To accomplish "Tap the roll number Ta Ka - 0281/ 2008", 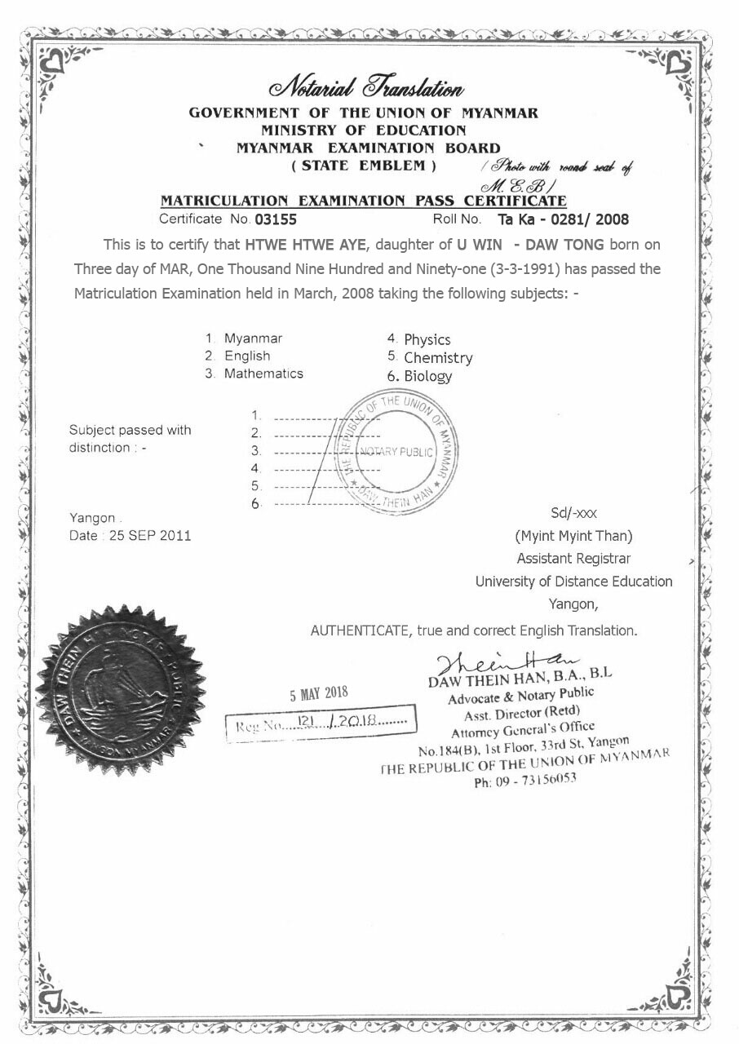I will click(x=563, y=219).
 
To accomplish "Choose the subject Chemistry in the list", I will click(x=438, y=358).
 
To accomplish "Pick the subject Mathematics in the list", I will click(x=263, y=374).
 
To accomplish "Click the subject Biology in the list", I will click(x=427, y=376).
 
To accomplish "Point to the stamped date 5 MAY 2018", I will click(x=319, y=694).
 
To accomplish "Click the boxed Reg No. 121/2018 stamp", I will click(x=321, y=722).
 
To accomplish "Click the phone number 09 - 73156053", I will click(x=525, y=780).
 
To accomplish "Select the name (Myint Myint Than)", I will click(x=573, y=536).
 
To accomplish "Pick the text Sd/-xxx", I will click(x=574, y=513).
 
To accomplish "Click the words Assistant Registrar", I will click(x=573, y=559).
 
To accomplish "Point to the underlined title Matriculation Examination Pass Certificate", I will click(x=363, y=200).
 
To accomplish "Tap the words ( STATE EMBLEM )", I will click(x=364, y=166).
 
